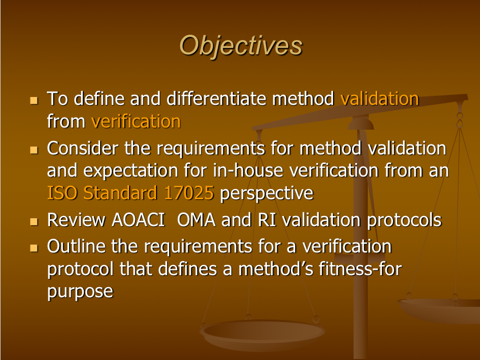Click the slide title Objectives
point(241,46)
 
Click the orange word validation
point(379,99)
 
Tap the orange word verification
point(136,121)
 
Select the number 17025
point(189,193)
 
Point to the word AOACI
point(139,220)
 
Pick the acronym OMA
point(196,220)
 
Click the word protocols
point(404,220)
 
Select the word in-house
point(248,170)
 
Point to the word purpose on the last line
point(80,291)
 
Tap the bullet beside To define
point(34,100)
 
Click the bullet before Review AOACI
point(34,221)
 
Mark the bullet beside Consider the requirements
point(34,150)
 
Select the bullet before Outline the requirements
point(34,248)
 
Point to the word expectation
point(131,171)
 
